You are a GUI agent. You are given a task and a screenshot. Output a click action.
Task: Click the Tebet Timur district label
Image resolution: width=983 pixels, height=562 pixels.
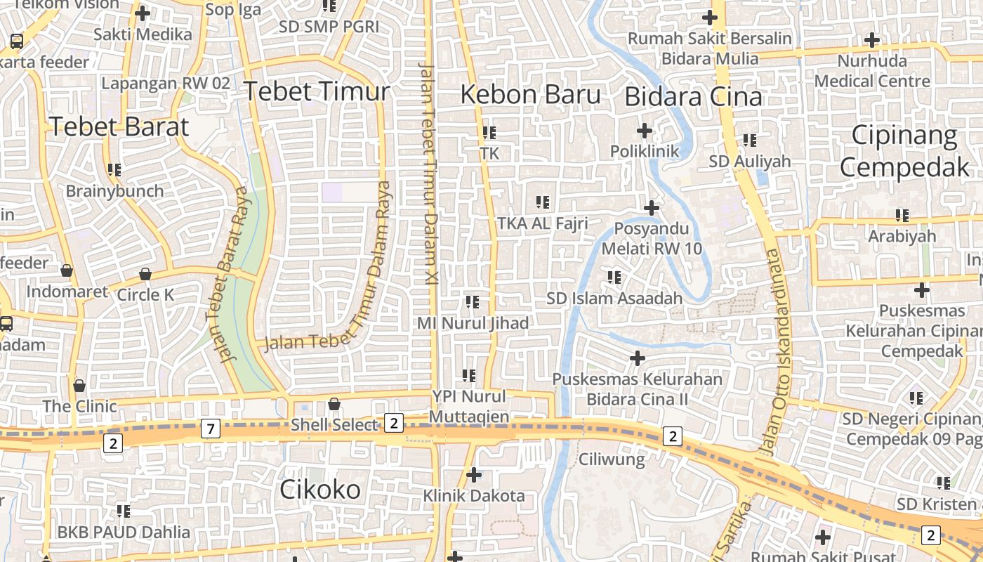click(316, 92)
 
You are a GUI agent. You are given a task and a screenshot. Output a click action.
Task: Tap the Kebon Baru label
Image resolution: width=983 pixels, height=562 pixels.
click(531, 95)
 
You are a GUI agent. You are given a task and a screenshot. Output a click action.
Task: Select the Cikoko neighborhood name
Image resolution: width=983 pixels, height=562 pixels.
click(320, 490)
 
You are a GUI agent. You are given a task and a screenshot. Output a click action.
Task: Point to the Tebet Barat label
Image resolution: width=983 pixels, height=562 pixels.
click(119, 126)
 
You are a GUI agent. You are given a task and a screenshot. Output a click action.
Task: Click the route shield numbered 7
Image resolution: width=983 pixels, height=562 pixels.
click(210, 428)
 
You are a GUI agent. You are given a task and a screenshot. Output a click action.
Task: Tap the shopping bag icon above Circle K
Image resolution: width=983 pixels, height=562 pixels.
click(145, 274)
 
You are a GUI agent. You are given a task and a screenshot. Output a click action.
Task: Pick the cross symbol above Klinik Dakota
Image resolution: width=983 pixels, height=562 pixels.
click(474, 475)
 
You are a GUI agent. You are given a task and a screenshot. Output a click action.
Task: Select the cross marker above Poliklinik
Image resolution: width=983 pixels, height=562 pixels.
click(645, 131)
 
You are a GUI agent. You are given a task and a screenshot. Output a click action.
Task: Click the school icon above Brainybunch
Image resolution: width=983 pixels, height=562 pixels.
click(114, 169)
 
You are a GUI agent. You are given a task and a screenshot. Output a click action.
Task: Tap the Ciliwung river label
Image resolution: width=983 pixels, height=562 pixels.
click(612, 459)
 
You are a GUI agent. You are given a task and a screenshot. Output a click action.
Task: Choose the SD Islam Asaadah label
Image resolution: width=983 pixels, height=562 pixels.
click(614, 299)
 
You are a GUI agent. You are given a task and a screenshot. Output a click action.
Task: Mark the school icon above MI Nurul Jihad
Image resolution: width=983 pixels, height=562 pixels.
click(473, 302)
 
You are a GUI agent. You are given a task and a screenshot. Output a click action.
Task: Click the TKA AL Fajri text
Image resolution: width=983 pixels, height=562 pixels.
click(542, 223)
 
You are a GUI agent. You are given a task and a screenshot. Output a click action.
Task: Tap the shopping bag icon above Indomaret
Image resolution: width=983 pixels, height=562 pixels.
click(67, 270)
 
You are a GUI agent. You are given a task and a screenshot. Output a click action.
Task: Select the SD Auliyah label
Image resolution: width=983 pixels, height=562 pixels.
click(750, 162)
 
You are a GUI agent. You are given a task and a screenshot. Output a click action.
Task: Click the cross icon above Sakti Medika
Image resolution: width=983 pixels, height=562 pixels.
click(143, 13)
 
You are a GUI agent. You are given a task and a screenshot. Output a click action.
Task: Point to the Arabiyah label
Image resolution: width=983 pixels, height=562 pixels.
click(902, 236)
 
